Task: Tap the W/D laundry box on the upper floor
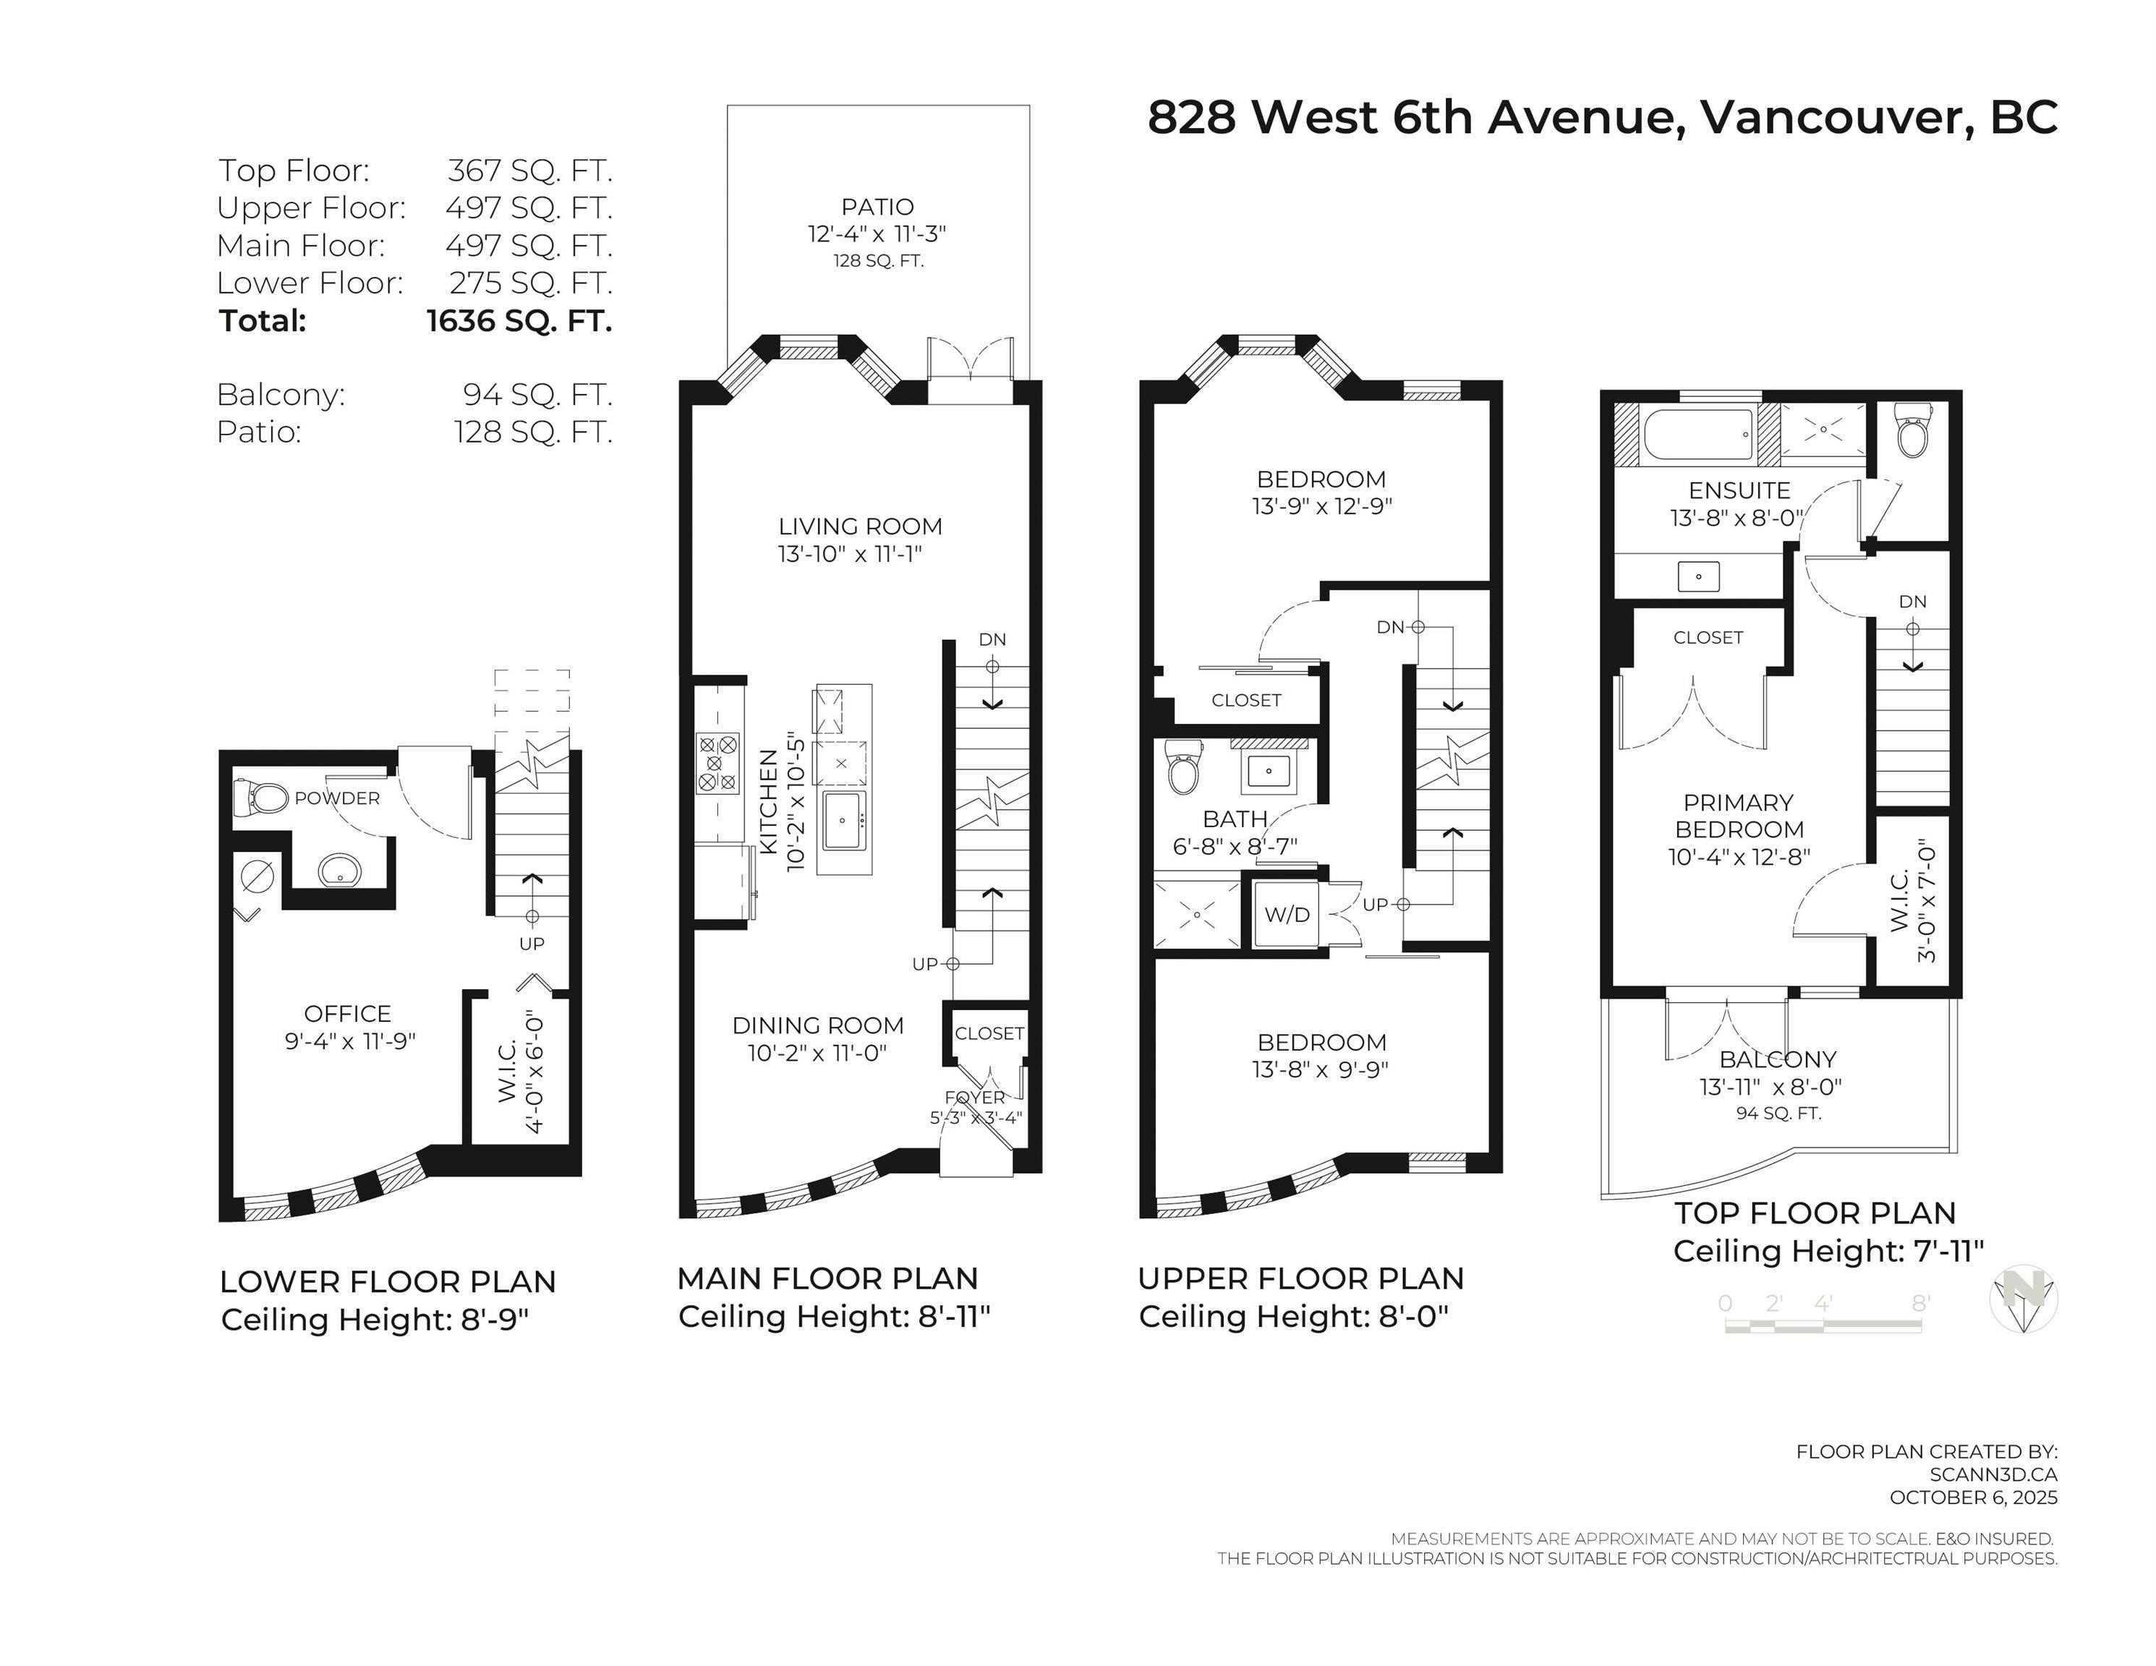click(1287, 915)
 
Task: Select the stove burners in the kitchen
click(717, 763)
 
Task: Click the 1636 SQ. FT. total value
click(519, 321)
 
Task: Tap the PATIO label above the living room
click(877, 208)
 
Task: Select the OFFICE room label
click(347, 1014)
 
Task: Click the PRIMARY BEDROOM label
click(1739, 816)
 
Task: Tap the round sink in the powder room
click(341, 871)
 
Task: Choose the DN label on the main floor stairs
click(992, 639)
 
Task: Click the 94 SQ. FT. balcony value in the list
click(537, 395)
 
